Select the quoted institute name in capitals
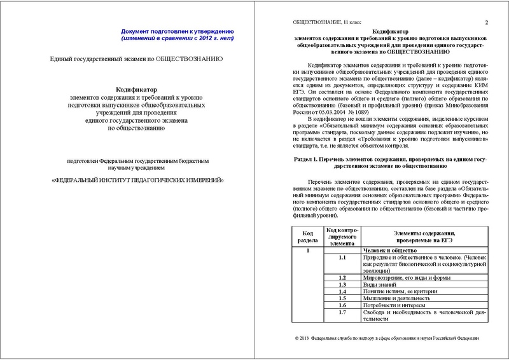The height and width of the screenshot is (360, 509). (137, 180)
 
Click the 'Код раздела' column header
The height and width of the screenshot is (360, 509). (305, 237)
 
